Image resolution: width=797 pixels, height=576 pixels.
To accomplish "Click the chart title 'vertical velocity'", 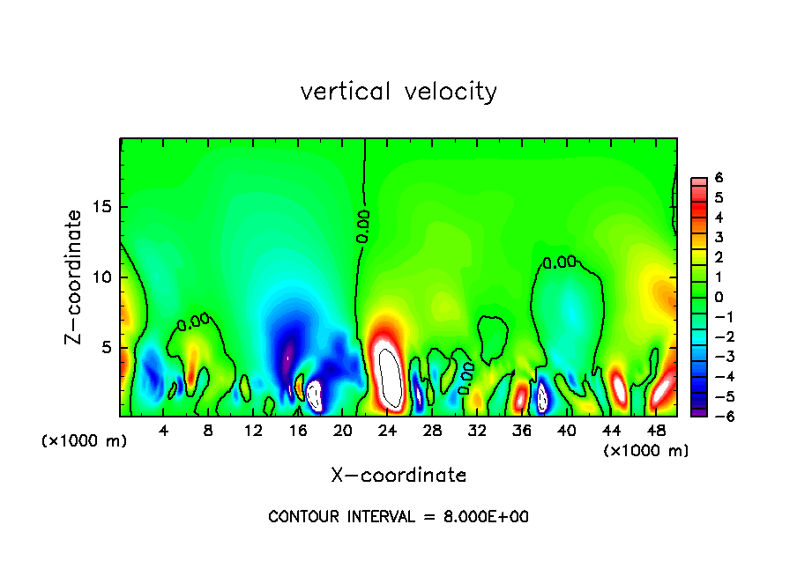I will click(x=398, y=92).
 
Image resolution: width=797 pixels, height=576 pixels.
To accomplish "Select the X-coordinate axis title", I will click(x=398, y=476).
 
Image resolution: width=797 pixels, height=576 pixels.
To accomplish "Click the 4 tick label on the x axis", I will click(x=164, y=431).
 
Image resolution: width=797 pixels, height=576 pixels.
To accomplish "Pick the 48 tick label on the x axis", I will click(x=656, y=431).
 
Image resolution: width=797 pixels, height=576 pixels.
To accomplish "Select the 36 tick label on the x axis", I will click(x=522, y=431).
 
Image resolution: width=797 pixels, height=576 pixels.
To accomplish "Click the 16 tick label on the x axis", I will click(x=298, y=431).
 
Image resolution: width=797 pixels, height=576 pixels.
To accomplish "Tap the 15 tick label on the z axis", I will click(x=104, y=207).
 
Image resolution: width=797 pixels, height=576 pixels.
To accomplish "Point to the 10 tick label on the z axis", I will click(x=104, y=277).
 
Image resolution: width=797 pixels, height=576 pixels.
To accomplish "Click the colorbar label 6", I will click(x=719, y=178).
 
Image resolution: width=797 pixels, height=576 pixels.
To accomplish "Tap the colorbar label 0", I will click(x=719, y=297).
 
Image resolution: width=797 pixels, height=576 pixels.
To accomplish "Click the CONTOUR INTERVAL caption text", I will click(x=398, y=517).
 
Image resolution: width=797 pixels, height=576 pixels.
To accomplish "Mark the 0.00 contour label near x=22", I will click(x=363, y=226).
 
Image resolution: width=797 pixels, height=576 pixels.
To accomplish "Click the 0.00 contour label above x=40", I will click(x=559, y=262).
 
